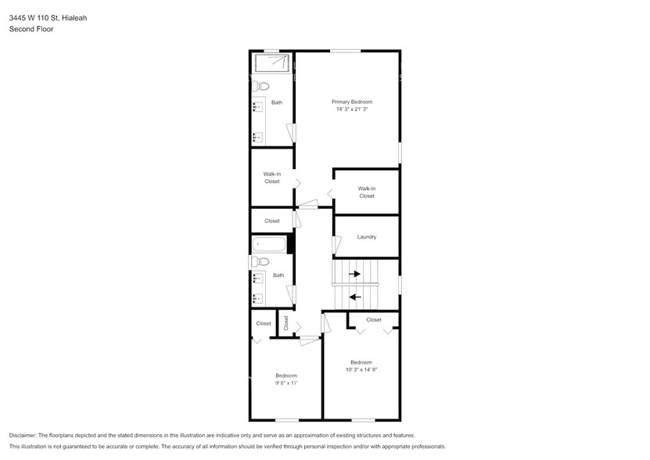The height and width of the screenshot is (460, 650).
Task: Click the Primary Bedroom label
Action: point(351,102)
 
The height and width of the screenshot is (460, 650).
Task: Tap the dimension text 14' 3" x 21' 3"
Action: point(351,110)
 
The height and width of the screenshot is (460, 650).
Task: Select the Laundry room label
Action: point(367,237)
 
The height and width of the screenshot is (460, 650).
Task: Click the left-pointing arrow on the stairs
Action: point(354,296)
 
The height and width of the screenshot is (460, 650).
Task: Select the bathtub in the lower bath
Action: point(268,244)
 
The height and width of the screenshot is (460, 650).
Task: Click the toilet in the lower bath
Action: point(261,261)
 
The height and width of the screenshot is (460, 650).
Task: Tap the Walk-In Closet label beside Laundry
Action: point(367,192)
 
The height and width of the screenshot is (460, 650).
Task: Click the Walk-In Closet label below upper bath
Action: point(271,178)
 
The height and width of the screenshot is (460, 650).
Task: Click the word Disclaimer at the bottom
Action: point(24,435)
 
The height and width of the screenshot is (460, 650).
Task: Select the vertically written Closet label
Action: point(286,322)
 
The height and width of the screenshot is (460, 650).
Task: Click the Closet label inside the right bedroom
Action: point(374,319)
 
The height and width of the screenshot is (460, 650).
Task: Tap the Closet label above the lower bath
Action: point(271,221)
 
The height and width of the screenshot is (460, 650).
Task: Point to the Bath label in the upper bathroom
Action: point(277,102)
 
